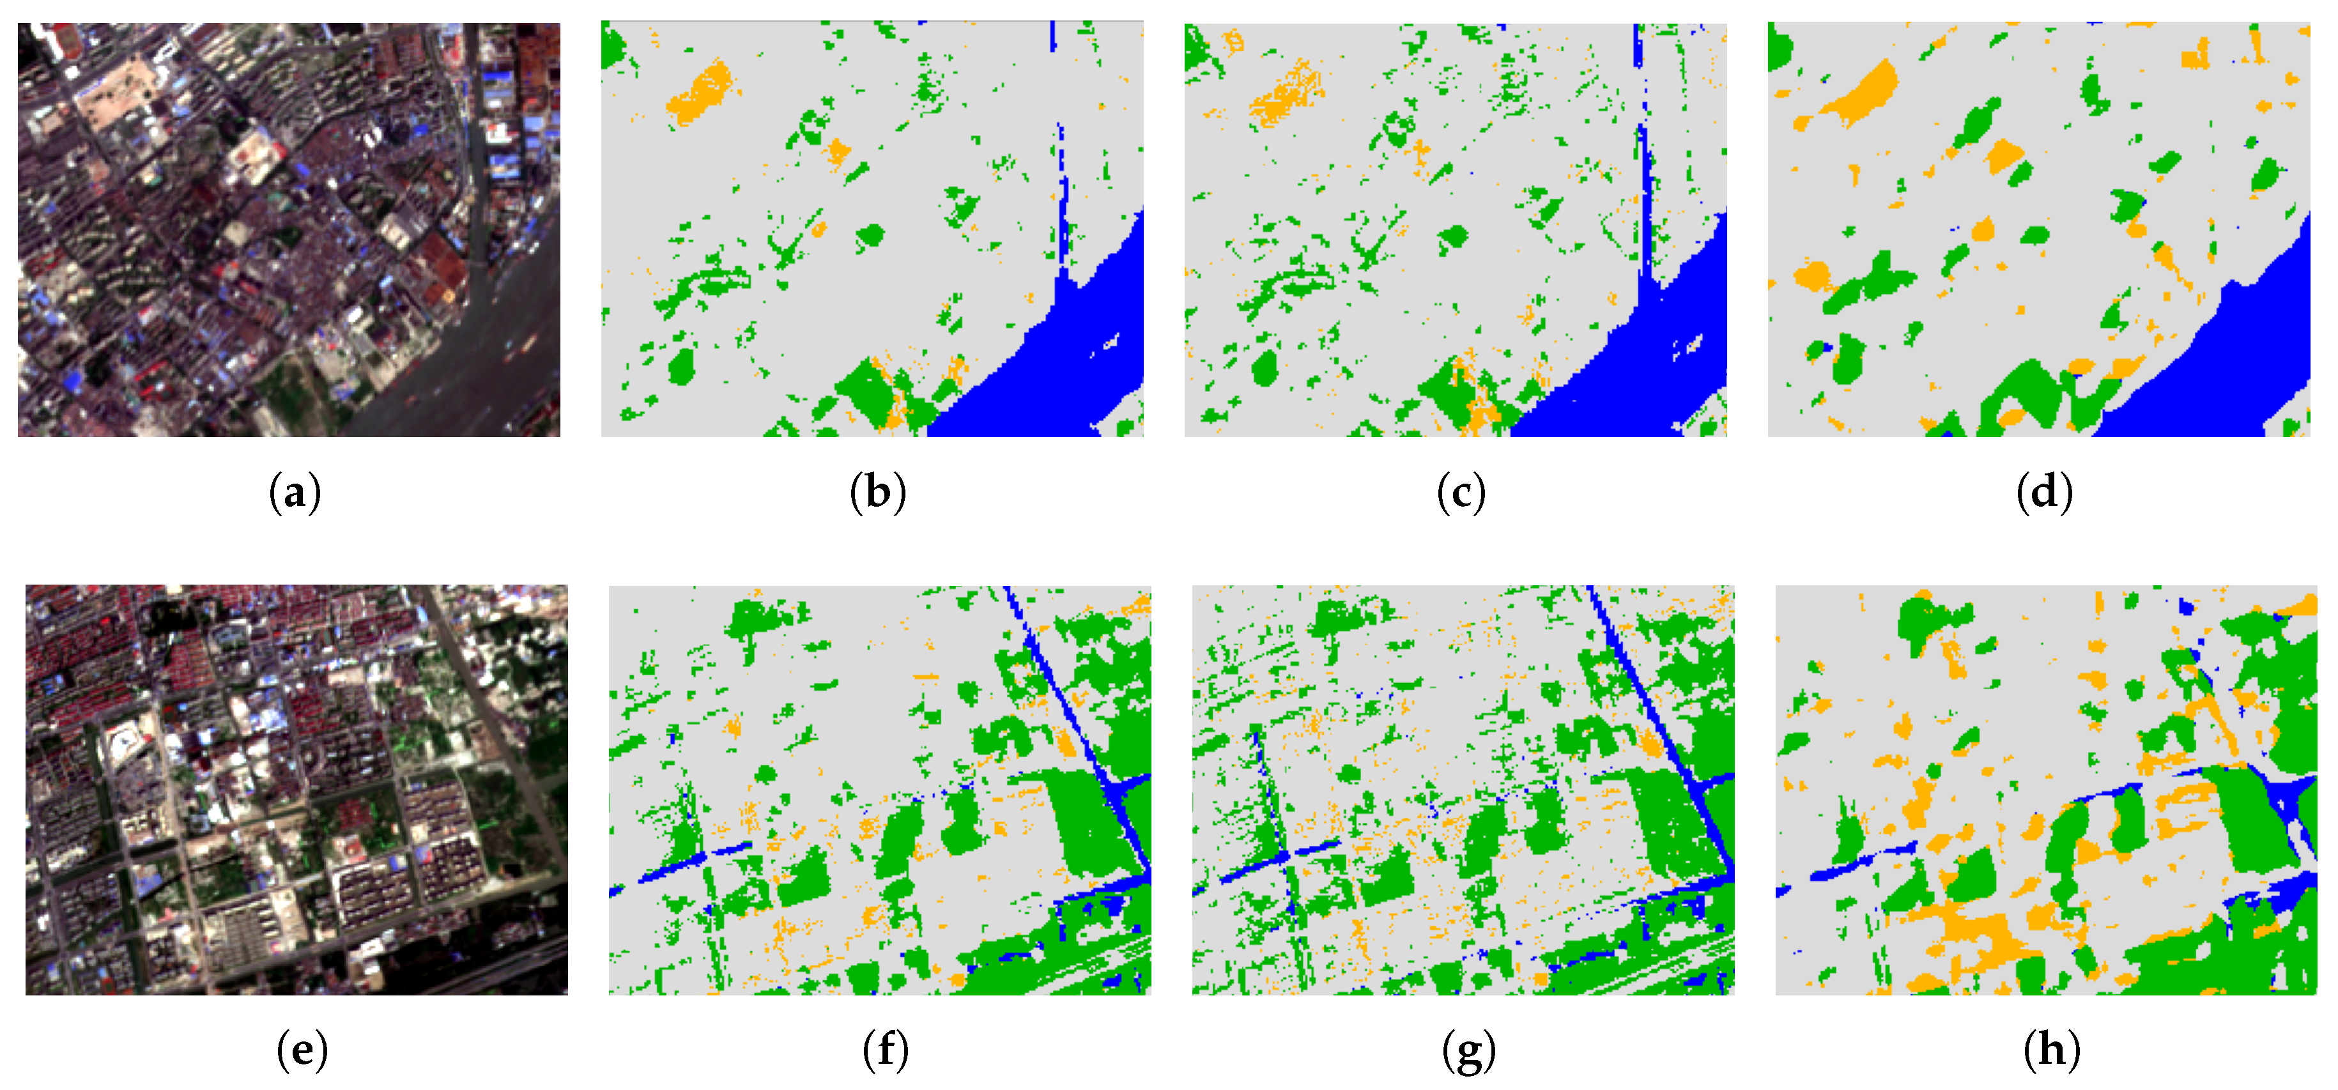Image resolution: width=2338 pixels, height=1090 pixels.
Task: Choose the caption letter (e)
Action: click(x=302, y=1051)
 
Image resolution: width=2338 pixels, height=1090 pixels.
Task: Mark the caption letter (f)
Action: click(x=886, y=1051)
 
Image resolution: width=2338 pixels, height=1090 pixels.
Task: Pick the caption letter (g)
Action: click(x=1468, y=1051)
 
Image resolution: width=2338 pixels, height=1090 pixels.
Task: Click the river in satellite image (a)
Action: click(x=481, y=363)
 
